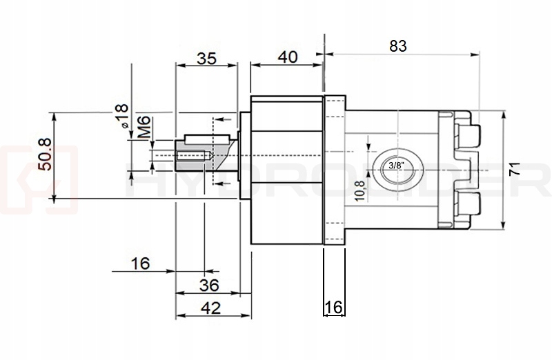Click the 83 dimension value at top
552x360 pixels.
(398, 46)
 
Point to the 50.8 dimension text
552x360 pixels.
(43, 156)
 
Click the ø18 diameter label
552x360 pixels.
(121, 116)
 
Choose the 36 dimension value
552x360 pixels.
(208, 285)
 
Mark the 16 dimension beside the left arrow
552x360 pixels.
(139, 263)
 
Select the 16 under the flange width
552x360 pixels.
(333, 308)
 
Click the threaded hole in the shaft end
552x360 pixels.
(192, 156)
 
